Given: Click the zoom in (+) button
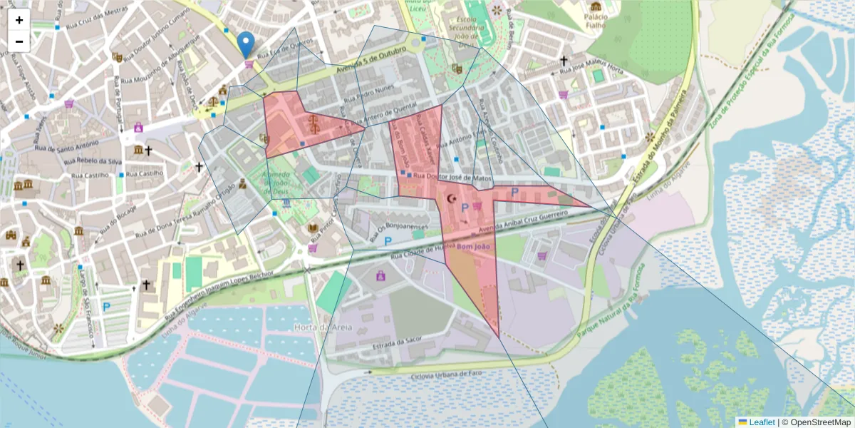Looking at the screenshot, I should (19, 20).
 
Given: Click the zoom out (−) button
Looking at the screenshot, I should (19, 41).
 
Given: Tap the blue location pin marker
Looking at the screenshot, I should (246, 44).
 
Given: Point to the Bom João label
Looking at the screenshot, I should (474, 247).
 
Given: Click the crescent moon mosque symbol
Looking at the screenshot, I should (450, 199).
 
